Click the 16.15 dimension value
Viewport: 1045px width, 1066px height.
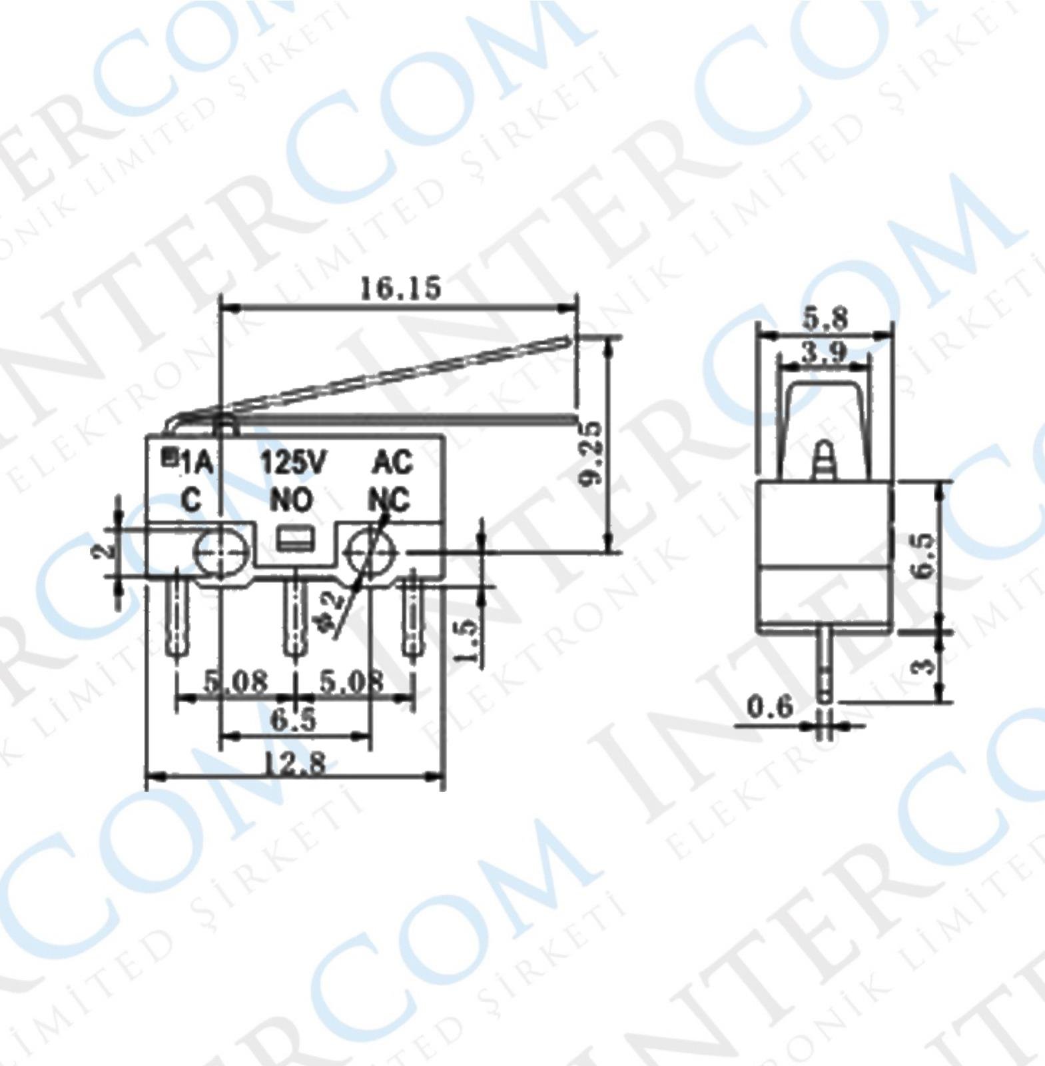click(400, 288)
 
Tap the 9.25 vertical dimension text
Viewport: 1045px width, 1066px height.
click(589, 454)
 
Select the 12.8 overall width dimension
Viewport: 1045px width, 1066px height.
click(297, 761)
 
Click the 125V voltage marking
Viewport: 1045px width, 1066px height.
click(293, 462)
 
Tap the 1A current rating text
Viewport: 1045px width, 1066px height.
click(197, 462)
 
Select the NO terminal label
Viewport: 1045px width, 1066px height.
click(292, 500)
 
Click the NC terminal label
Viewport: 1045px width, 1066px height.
click(390, 500)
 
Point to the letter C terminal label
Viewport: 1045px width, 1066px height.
click(191, 500)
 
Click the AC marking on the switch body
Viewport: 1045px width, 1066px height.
click(393, 462)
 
